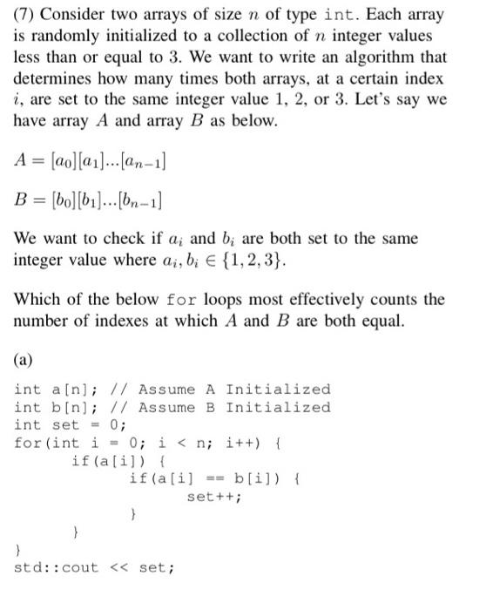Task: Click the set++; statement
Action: (214, 497)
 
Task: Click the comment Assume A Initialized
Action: (234, 390)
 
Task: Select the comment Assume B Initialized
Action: (234, 407)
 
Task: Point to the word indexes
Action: (101, 321)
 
